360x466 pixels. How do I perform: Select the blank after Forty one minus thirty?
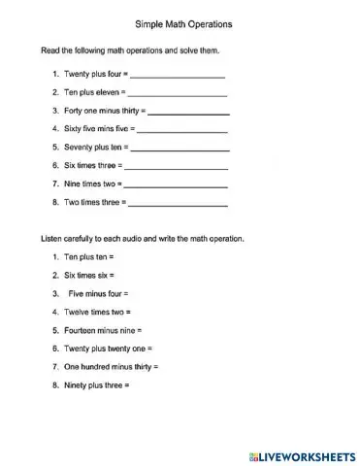tap(187, 113)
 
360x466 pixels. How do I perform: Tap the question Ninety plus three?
tap(94, 385)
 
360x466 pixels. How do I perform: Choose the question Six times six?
tap(88, 275)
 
